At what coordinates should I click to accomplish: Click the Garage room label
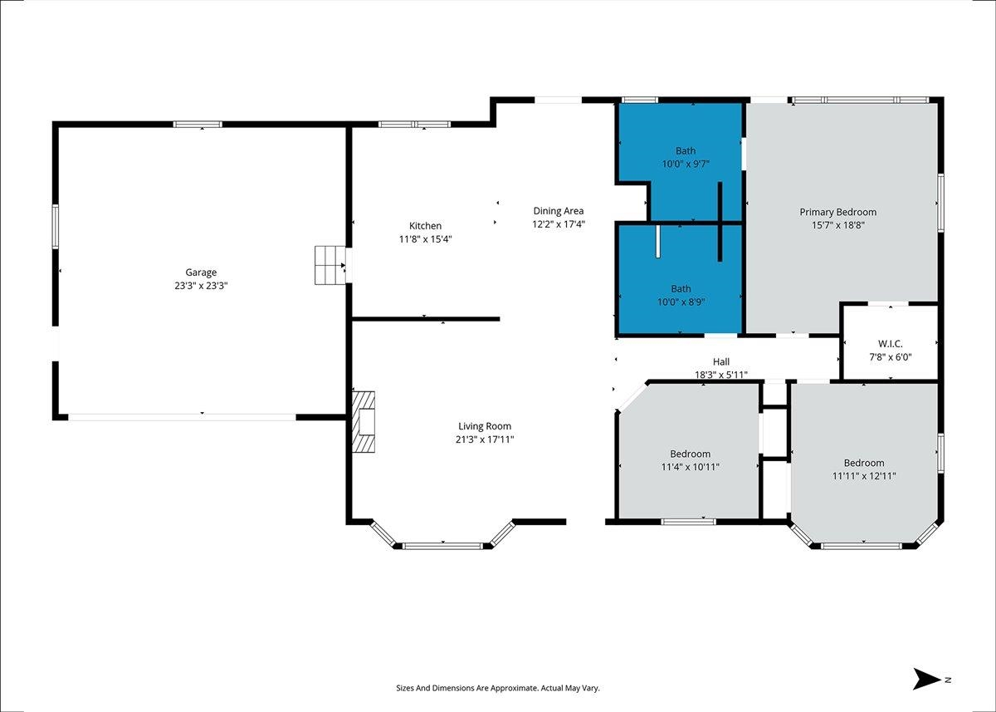click(x=201, y=273)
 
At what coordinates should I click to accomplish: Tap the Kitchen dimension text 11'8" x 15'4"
click(x=426, y=239)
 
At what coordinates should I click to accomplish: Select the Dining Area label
click(x=559, y=211)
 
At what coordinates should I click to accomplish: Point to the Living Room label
click(x=485, y=426)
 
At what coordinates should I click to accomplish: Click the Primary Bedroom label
click(x=838, y=212)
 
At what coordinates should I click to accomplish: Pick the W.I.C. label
click(x=891, y=344)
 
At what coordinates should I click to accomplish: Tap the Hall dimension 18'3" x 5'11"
click(x=721, y=376)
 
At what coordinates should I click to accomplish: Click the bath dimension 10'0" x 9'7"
click(x=686, y=164)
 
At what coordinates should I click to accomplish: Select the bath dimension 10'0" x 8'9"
click(x=681, y=302)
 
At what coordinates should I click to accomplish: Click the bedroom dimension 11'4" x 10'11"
click(x=690, y=467)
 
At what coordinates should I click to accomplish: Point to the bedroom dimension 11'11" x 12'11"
click(x=864, y=476)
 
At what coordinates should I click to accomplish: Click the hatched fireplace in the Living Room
click(x=364, y=422)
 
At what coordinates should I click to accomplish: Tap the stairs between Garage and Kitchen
click(x=330, y=265)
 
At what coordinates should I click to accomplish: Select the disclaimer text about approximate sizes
click(x=498, y=688)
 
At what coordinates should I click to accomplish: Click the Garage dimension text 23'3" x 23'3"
click(x=201, y=286)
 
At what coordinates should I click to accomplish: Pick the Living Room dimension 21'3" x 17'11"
click(x=485, y=439)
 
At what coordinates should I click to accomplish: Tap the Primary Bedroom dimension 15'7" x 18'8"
click(x=838, y=225)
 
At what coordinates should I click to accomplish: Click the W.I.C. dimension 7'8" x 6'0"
click(x=891, y=357)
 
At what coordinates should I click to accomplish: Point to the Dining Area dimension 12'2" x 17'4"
click(x=559, y=223)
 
